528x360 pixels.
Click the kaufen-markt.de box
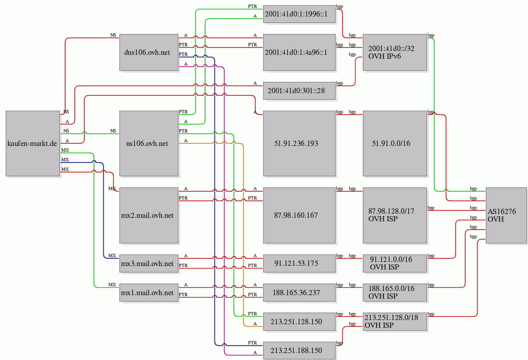[33, 143]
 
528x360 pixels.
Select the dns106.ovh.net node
[149, 52]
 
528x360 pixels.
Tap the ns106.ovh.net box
[149, 143]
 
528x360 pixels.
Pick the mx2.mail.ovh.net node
[149, 215]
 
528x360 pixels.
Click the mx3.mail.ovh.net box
[149, 263]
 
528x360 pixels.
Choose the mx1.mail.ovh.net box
[149, 292]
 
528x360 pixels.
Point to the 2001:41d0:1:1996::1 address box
[299, 14]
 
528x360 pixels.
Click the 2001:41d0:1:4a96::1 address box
[299, 52]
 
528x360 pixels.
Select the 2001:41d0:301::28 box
[299, 91]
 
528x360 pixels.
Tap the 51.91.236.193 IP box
[299, 143]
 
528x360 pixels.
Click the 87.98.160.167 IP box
[299, 215]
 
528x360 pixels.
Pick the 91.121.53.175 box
[299, 263]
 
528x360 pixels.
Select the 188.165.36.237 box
[299, 292]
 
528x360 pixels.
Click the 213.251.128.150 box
[299, 322]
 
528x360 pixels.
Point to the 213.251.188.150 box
[299, 350]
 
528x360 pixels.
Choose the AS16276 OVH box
[506, 215]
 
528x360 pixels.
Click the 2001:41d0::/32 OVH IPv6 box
[395, 52]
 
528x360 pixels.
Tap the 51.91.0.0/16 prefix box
[395, 143]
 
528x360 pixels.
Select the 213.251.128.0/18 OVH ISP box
[395, 322]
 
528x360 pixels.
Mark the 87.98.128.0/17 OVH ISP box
[395, 215]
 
